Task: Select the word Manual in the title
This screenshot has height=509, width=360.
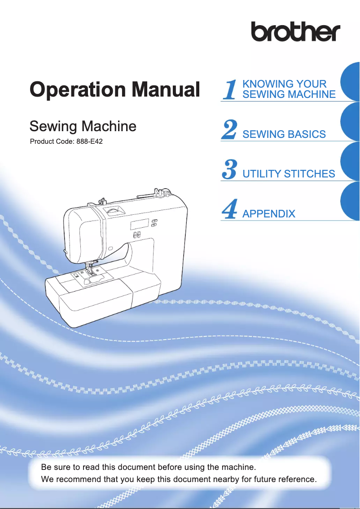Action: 165,89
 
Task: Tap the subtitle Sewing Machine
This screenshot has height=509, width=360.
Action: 83,126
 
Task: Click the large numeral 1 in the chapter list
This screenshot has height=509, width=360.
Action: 229,89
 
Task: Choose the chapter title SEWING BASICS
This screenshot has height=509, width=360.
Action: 284,134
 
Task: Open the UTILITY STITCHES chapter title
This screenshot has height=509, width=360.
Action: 288,173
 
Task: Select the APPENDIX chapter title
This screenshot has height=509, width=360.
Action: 268,213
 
